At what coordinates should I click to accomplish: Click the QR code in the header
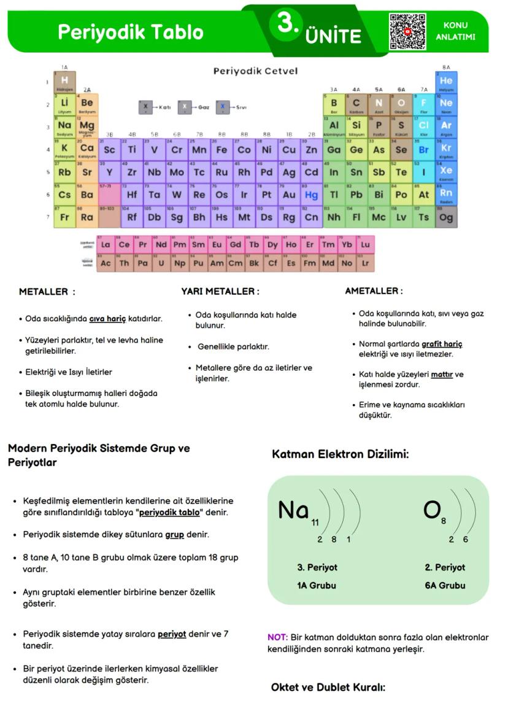click(407, 31)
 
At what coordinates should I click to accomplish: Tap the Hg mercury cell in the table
click(312, 195)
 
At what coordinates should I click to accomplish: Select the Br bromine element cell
click(424, 149)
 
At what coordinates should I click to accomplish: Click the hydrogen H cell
click(64, 82)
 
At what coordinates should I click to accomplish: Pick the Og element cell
click(446, 217)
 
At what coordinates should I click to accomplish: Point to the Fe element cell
click(221, 149)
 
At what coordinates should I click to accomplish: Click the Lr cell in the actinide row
click(366, 263)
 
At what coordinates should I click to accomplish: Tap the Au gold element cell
click(289, 195)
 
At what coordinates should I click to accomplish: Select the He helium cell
click(446, 82)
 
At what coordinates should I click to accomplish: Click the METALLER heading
click(47, 292)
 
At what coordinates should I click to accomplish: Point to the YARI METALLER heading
click(220, 291)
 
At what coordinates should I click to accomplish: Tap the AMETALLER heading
click(374, 290)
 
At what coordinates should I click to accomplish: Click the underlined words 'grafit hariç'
click(442, 344)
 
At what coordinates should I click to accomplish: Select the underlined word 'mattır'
click(442, 374)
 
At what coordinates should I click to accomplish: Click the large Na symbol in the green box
click(293, 510)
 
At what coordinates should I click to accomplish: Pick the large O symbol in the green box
click(432, 510)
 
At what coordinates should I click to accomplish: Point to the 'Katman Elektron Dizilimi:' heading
click(340, 454)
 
